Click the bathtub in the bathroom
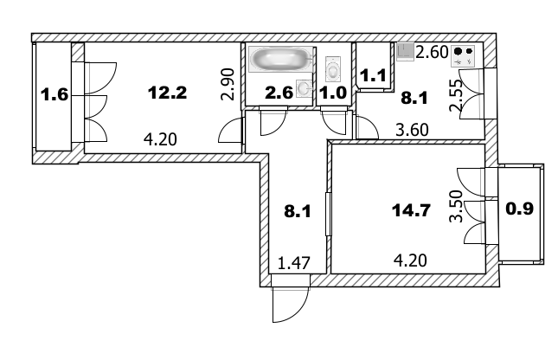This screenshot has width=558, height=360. [279, 61]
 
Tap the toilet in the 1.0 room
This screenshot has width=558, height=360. [333, 66]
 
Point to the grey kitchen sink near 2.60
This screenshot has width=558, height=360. [406, 52]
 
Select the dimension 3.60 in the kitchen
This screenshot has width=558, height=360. [412, 132]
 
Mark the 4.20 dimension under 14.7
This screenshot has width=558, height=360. [410, 259]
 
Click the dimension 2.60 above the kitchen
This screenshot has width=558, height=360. [432, 52]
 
